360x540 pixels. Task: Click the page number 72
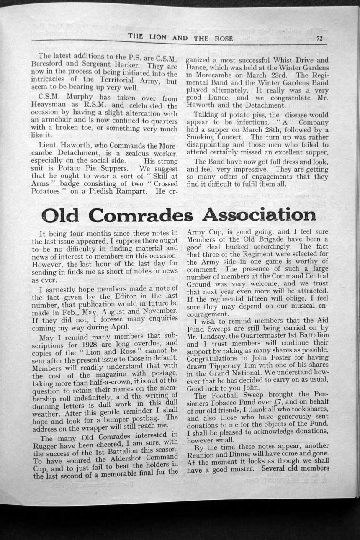coord(319,39)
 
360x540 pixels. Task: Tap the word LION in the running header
coord(158,37)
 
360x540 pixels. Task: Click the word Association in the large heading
coord(259,215)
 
